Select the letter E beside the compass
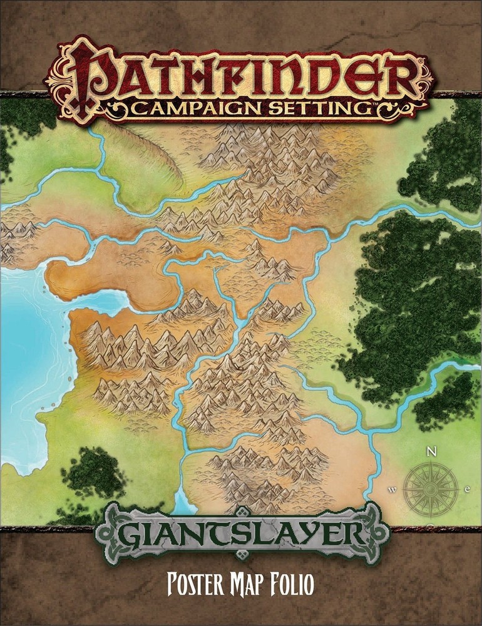(468, 489)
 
